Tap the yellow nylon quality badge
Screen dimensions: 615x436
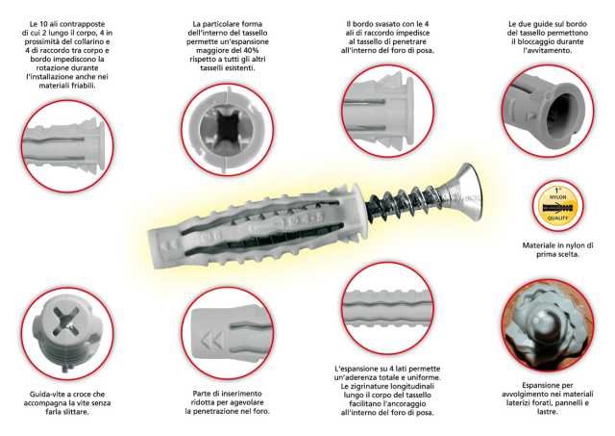(x=557, y=205)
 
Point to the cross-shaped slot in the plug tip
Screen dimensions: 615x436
(x=66, y=321)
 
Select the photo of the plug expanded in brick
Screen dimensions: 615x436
(x=548, y=325)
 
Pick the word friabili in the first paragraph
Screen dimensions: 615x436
(x=81, y=86)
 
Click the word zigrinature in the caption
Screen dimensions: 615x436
(x=372, y=386)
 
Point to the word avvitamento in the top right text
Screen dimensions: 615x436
(x=549, y=50)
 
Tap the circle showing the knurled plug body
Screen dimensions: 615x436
(x=387, y=308)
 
